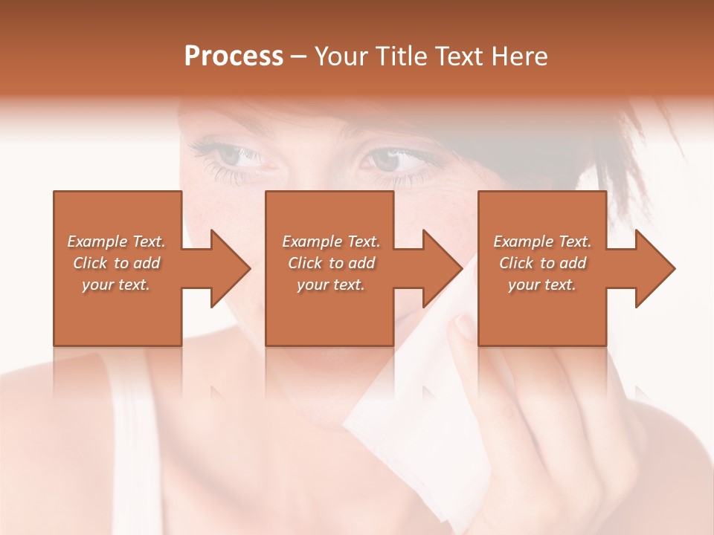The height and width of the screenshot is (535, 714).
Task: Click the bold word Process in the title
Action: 234,56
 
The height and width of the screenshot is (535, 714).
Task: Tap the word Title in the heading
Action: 403,56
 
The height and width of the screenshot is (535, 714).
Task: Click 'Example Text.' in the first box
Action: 116,241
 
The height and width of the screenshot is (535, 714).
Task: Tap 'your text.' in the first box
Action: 116,285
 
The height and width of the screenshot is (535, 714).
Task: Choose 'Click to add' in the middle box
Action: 331,263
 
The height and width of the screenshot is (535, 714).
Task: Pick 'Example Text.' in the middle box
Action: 331,241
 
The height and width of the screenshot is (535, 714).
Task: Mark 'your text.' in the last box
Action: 542,285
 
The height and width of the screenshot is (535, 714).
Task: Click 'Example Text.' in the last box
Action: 542,241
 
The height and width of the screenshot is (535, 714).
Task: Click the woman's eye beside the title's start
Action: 237,157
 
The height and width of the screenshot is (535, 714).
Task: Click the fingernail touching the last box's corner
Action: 466,325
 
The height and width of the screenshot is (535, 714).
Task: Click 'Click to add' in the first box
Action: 116,263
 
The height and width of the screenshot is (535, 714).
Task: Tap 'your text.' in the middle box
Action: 331,285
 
